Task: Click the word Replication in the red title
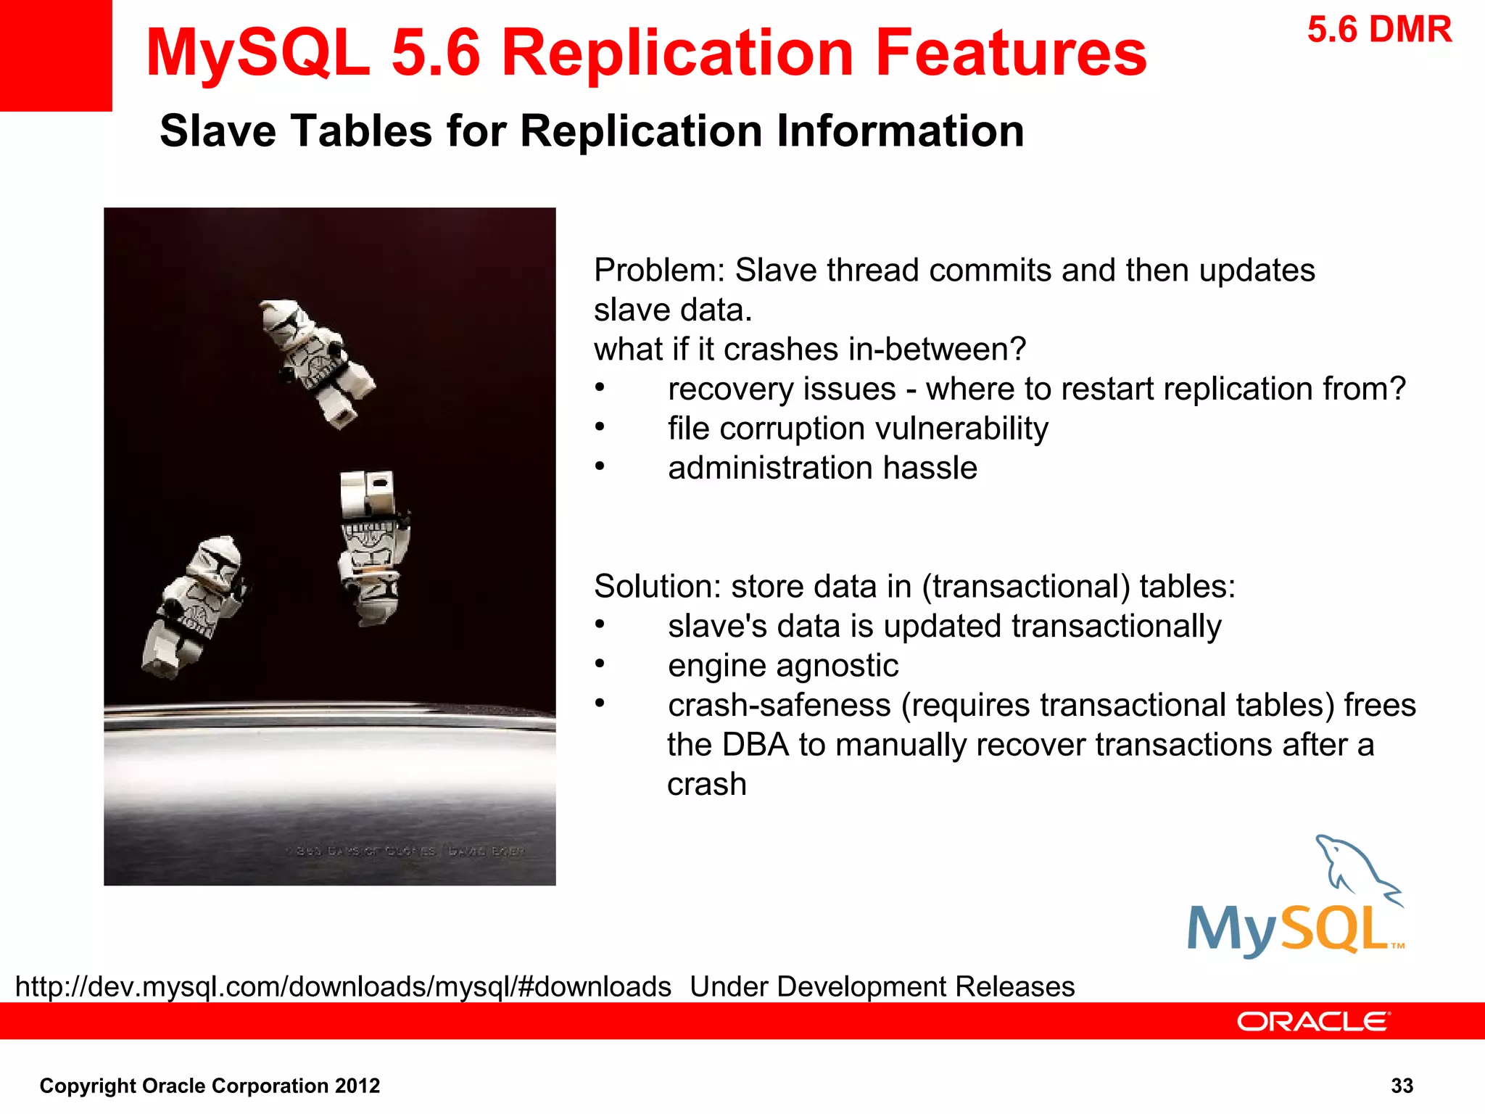[x=678, y=53]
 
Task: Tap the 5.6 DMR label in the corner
[x=1379, y=30]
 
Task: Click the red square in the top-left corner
[x=55, y=54]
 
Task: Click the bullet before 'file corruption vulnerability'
[x=600, y=427]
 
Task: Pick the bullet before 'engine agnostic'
[x=600, y=664]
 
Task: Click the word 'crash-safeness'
[x=779, y=706]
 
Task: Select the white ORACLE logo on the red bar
[x=1312, y=1021]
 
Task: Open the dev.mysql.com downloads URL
[x=343, y=987]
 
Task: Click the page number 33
[x=1402, y=1086]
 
